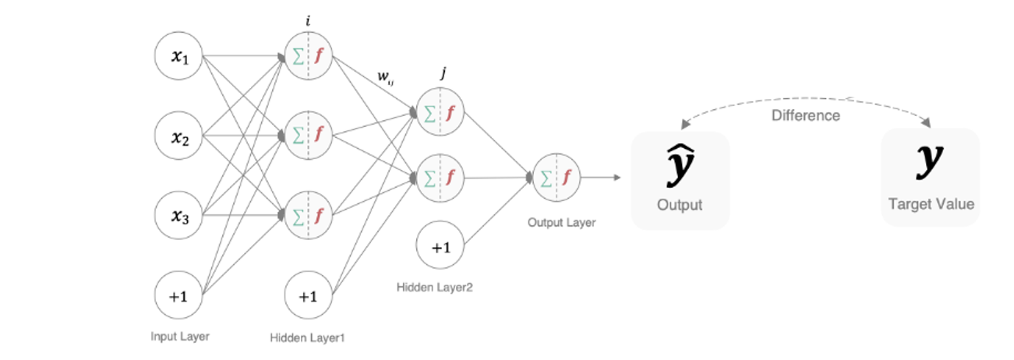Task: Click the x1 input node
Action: coord(179,55)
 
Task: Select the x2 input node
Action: coord(179,136)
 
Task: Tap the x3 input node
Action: coord(179,216)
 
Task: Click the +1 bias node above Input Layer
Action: coord(179,295)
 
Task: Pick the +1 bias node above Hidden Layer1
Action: coord(309,295)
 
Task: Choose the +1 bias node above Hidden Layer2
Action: coord(440,247)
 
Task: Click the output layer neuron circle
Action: coord(556,178)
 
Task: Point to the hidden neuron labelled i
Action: coord(309,55)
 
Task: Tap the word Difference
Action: coord(806,115)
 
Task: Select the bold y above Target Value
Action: coord(929,159)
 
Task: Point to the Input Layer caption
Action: coord(180,337)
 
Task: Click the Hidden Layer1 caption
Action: coord(307,337)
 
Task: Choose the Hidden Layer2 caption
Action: coord(435,287)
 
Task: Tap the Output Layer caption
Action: coord(561,222)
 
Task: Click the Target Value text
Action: coord(931,204)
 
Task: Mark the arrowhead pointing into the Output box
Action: coord(617,178)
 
